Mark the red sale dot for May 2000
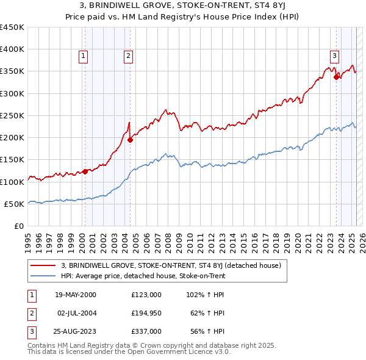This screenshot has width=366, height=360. (x=85, y=171)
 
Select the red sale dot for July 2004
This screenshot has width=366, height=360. (x=131, y=140)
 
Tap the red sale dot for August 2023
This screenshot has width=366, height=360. (x=336, y=77)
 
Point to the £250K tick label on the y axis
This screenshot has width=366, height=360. (x=12, y=115)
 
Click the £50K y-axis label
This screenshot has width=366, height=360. (x=15, y=204)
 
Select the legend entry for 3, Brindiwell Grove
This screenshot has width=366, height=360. (x=170, y=265)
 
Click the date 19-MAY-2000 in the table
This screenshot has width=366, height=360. (x=76, y=295)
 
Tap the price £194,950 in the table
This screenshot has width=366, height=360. (x=146, y=313)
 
